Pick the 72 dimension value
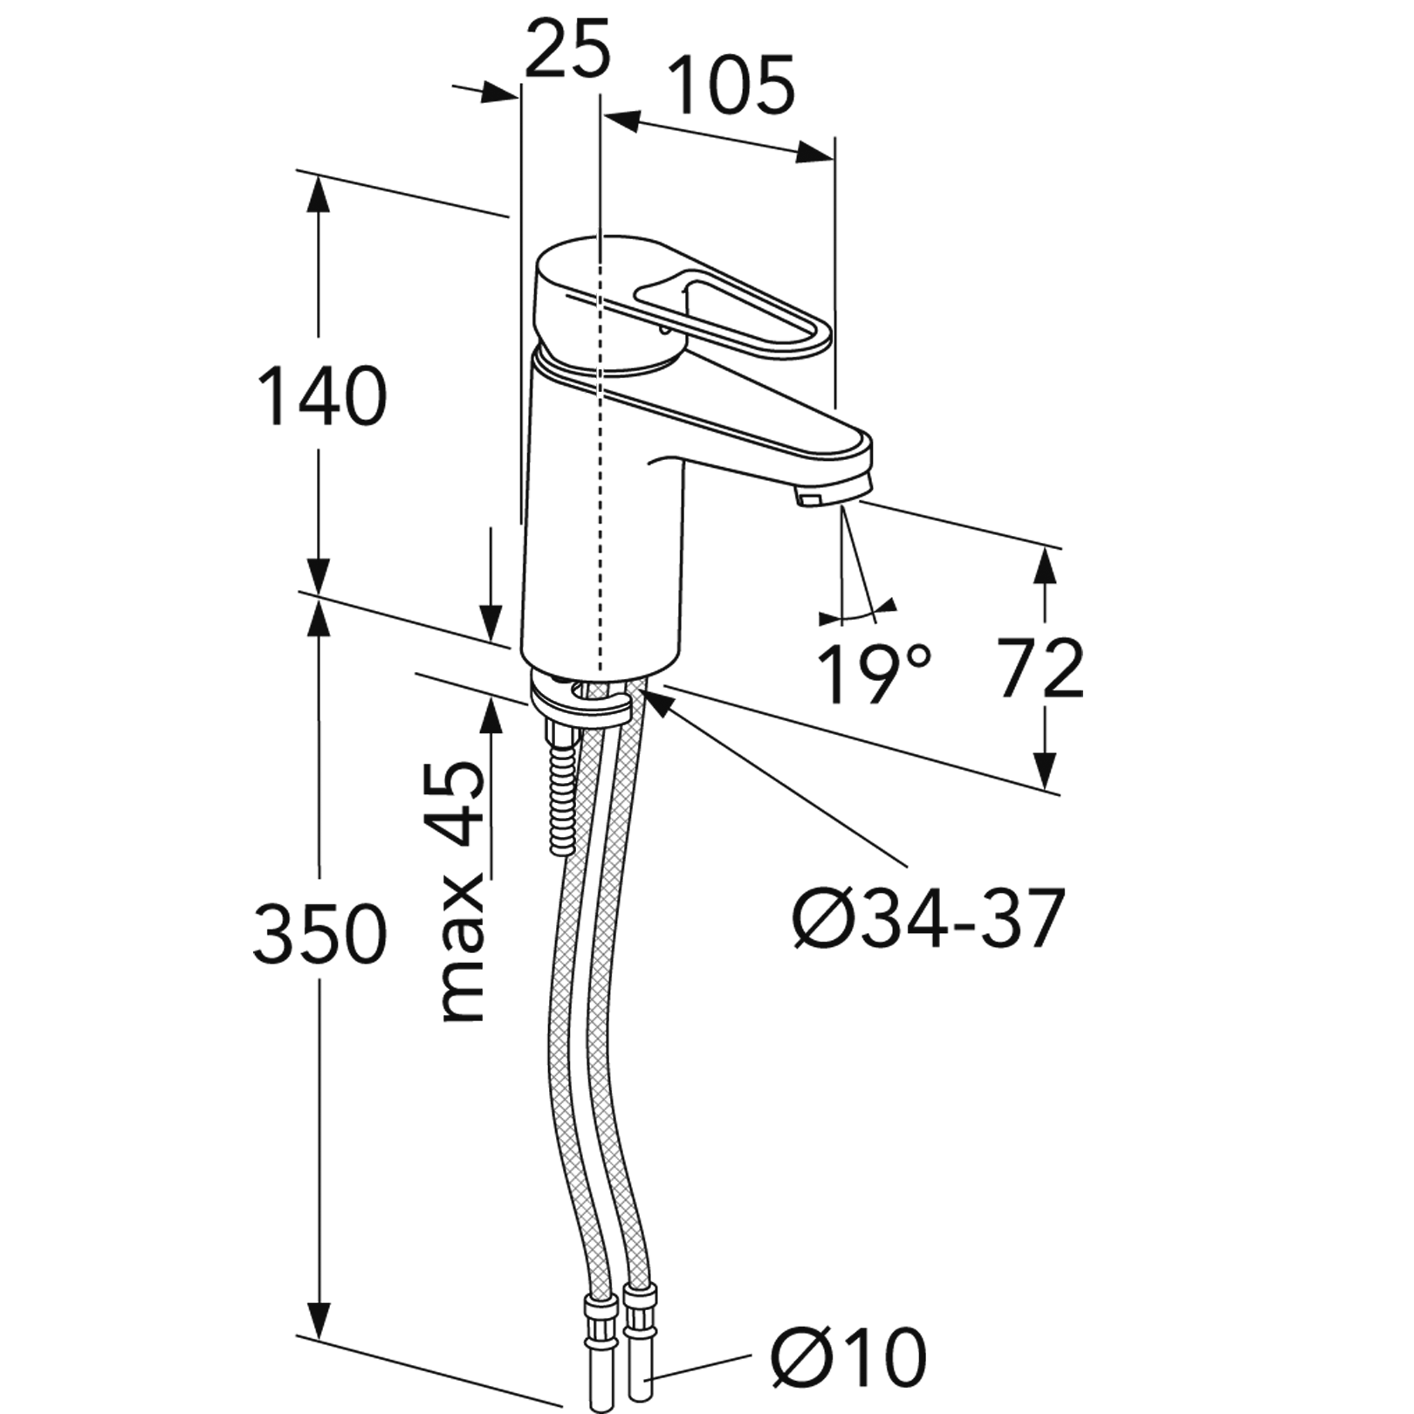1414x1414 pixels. click(x=1040, y=669)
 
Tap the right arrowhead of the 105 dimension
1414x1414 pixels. click(x=813, y=153)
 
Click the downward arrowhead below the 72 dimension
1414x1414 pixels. click(x=1046, y=769)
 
